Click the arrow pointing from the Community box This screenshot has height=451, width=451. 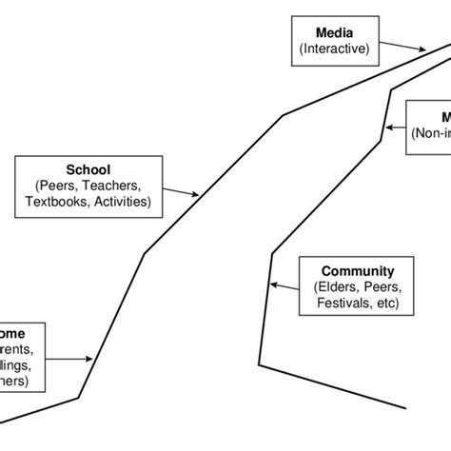pos(284,284)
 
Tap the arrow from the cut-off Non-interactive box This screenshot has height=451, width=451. pos(394,126)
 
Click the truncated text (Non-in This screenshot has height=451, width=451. pos(431,135)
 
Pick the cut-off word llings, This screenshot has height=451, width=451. pos(19,364)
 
